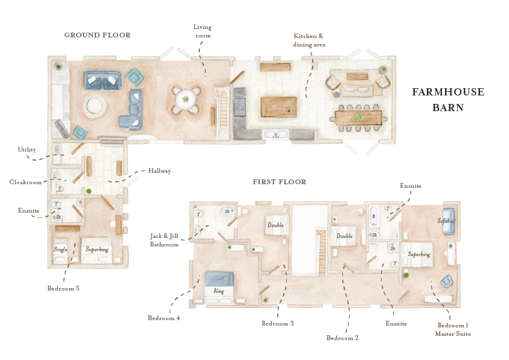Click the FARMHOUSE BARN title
tap(448, 100)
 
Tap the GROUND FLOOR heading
tap(97, 35)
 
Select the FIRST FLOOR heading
tap(279, 182)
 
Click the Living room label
tap(202, 31)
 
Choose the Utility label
tap(27, 149)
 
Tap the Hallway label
tap(159, 171)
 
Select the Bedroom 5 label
tap(63, 288)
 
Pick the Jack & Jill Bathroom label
tap(164, 240)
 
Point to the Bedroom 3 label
tap(277, 323)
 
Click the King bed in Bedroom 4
tap(219, 286)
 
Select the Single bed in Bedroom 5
tap(61, 249)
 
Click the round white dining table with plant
tap(185, 100)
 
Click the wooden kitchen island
tap(278, 107)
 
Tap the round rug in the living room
tap(95, 106)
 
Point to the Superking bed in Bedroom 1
tap(419, 255)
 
